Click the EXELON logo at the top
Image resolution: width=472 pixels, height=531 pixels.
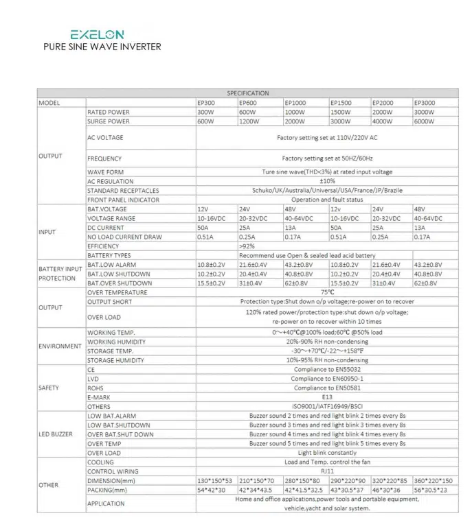[x=98, y=34]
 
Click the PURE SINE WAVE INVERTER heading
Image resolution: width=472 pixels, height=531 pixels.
[x=102, y=47]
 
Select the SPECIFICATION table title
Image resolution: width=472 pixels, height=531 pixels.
[x=248, y=93]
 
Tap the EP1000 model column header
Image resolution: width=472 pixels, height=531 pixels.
[x=296, y=103]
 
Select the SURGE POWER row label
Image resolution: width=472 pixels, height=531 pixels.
[x=109, y=121]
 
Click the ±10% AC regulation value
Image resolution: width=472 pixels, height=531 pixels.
[x=327, y=181]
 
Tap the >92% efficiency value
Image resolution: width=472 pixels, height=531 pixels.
[x=247, y=246]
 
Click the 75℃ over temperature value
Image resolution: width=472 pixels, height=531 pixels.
[x=327, y=292]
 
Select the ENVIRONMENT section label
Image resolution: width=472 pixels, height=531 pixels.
[x=60, y=346]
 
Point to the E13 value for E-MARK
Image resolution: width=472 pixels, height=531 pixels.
[x=327, y=397]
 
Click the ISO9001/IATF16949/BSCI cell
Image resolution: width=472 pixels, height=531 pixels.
[x=327, y=406]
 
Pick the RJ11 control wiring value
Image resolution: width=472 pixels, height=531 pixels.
[x=327, y=471]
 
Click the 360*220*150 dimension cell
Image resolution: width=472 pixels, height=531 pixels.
[x=433, y=481]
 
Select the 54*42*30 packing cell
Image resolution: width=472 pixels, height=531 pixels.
[x=210, y=491]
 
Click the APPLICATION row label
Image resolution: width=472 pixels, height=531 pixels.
[x=106, y=504]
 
